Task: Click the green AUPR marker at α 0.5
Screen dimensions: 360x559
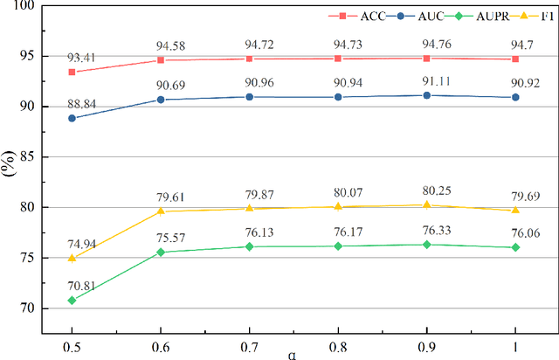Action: [x=72, y=300]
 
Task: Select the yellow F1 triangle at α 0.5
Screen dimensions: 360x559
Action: [x=72, y=258]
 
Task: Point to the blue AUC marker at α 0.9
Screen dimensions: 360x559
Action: [x=425, y=95]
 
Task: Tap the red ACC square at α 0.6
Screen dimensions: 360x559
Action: [x=161, y=60]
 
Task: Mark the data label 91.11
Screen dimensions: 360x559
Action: [x=425, y=82]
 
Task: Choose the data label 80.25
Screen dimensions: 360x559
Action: [x=425, y=192]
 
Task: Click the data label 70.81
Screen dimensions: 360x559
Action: [x=71, y=287]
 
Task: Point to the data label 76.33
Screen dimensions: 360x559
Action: [x=425, y=231]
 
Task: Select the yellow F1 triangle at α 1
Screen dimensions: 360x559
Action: [x=514, y=210]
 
